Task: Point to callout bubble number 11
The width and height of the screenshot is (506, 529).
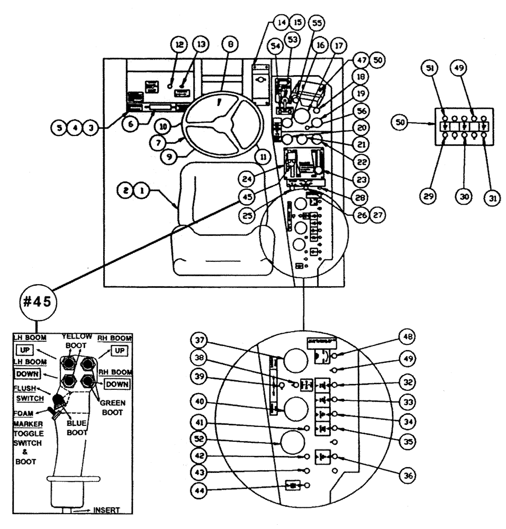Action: [261, 156]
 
